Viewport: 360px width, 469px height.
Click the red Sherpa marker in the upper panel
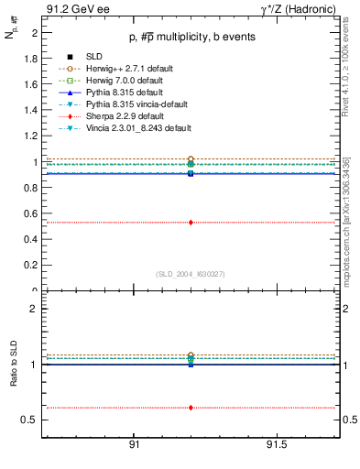[191, 222]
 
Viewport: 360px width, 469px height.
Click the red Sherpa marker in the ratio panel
[191, 408]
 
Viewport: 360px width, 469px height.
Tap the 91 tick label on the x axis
[134, 443]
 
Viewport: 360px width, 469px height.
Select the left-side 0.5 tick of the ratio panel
[30, 420]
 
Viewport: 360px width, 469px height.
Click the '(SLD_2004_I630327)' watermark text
[191, 274]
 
